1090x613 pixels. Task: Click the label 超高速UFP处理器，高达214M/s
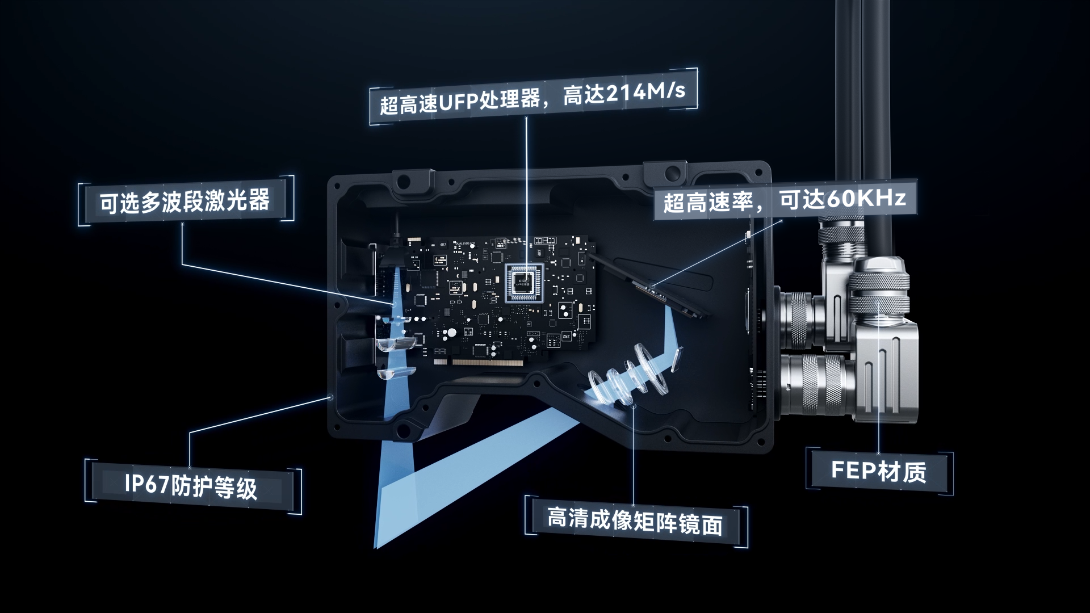click(x=533, y=98)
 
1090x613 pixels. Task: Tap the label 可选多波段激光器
click(x=186, y=201)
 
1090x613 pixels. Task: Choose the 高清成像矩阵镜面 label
click(x=635, y=521)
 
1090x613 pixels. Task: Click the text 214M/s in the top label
click(x=645, y=93)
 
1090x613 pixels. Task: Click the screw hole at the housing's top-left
click(x=404, y=180)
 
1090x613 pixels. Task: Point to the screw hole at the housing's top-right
click(x=673, y=171)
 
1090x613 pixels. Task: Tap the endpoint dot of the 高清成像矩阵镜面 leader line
click(x=634, y=405)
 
